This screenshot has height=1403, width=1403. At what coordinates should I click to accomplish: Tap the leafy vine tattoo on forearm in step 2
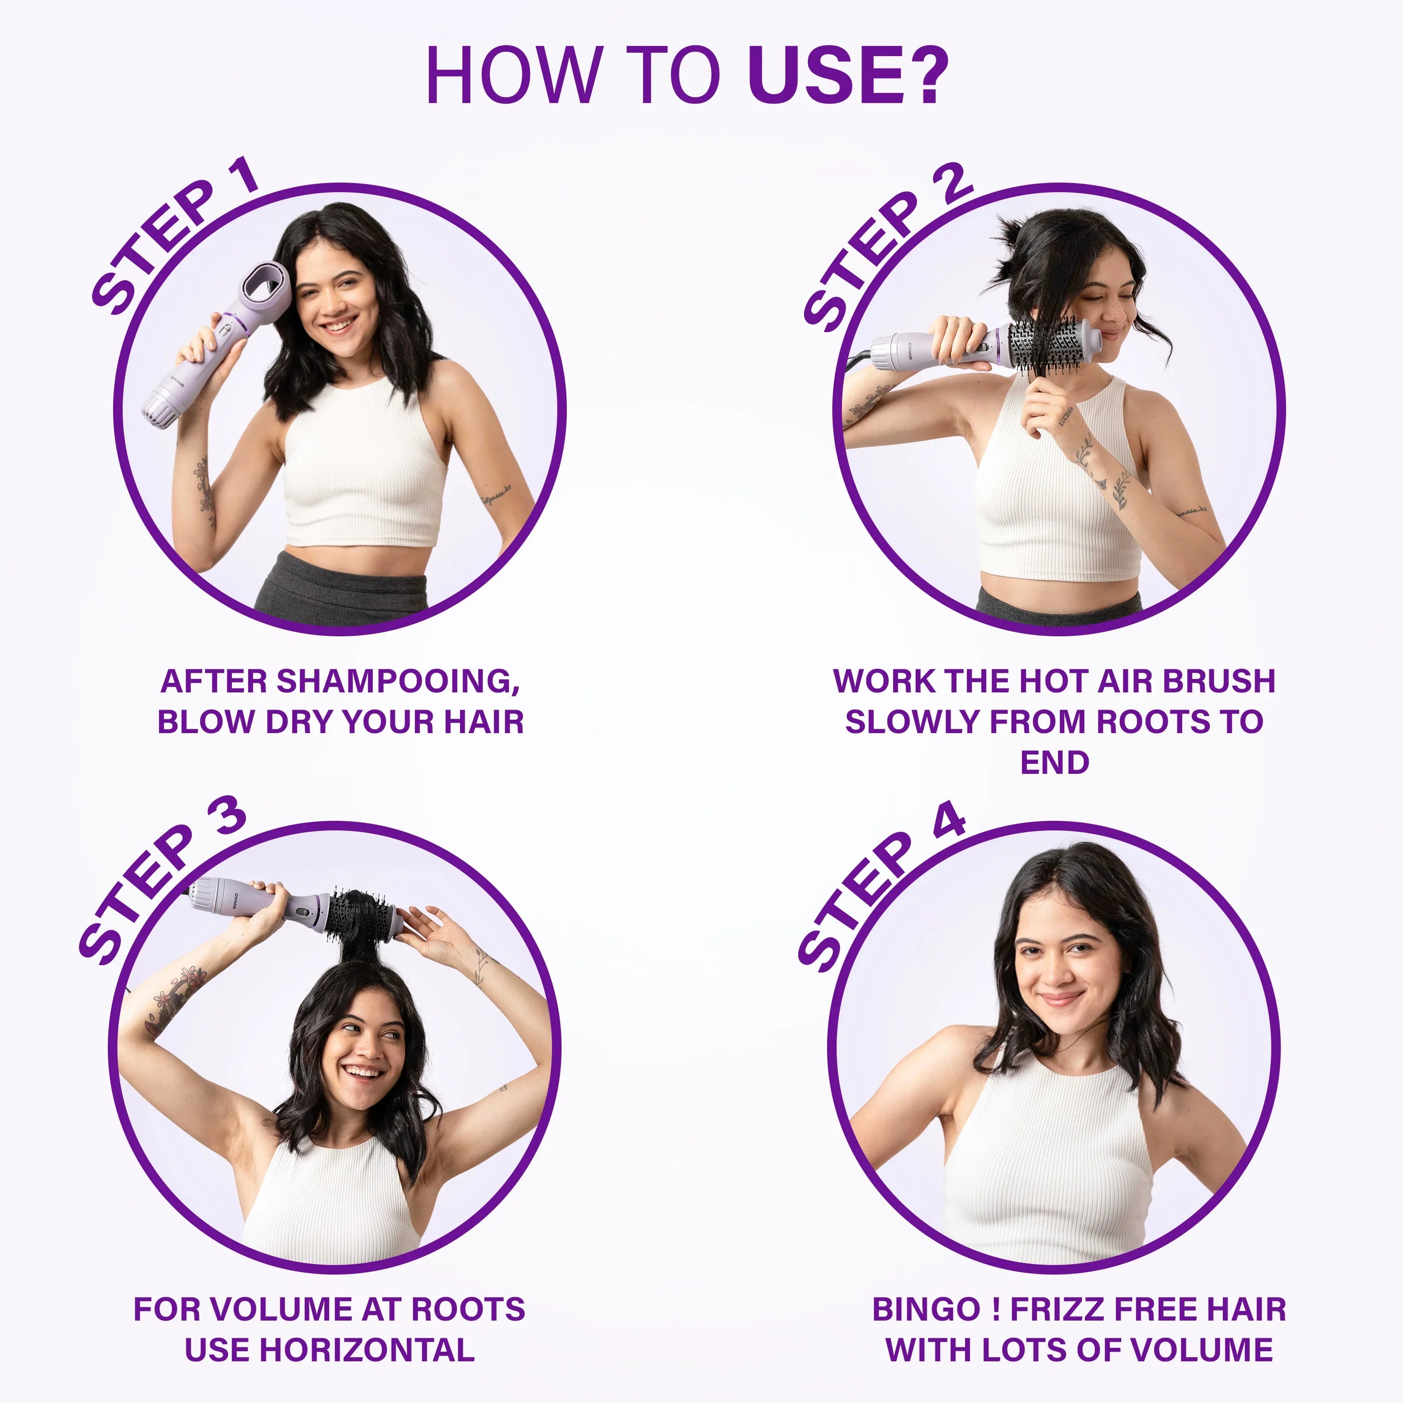1100,465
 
